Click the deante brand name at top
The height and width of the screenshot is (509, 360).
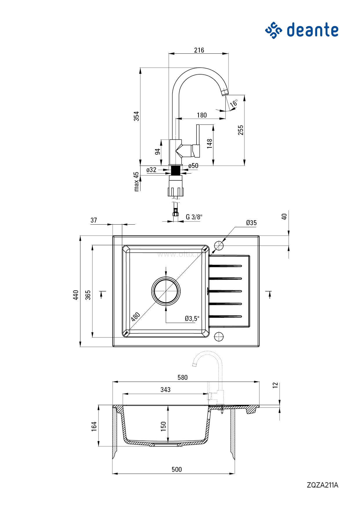point(312,30)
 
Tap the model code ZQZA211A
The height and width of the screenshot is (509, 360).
point(322,485)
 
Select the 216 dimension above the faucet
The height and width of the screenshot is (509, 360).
point(199,50)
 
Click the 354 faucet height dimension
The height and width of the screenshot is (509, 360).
point(136,116)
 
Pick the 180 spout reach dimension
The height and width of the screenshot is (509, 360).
point(202,115)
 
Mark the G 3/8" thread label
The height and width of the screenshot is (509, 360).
point(194,217)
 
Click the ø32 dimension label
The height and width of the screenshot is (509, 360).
point(151,170)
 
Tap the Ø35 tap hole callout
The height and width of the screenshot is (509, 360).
point(251,223)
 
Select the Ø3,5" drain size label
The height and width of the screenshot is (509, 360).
point(192,318)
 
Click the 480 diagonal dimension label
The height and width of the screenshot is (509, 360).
point(135,317)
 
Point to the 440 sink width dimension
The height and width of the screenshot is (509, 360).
point(76,295)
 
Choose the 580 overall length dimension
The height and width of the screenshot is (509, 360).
point(183,377)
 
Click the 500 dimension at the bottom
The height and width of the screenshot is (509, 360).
point(177,469)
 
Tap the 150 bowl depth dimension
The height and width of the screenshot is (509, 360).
point(163,426)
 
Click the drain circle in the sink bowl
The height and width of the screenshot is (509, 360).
point(166,291)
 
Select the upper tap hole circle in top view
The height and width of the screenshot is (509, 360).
point(219,246)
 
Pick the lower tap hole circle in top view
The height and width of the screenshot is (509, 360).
point(219,337)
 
